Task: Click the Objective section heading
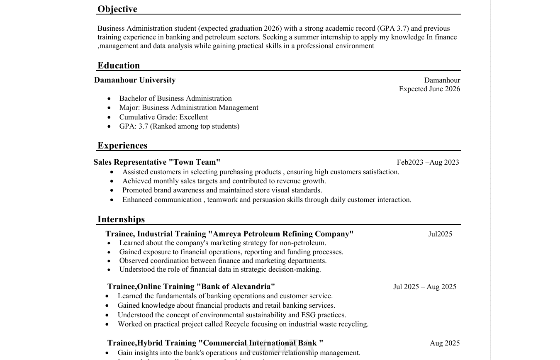pyautogui.click(x=117, y=9)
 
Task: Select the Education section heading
pyautogui.click(x=119, y=66)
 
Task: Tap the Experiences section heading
pyautogui.click(x=122, y=146)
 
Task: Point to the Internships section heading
pyautogui.click(x=121, y=219)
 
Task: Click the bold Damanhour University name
pyautogui.click(x=135, y=80)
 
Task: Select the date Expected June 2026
pyautogui.click(x=429, y=89)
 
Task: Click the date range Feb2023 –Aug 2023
pyautogui.click(x=428, y=162)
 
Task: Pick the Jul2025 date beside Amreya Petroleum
pyautogui.click(x=440, y=234)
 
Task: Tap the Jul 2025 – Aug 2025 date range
pyautogui.click(x=425, y=287)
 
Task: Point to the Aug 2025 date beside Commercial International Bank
pyautogui.click(x=445, y=343)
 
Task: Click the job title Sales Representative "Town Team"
pyautogui.click(x=157, y=162)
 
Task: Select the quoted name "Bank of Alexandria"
pyautogui.click(x=236, y=287)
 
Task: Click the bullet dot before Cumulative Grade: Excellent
pyautogui.click(x=109, y=117)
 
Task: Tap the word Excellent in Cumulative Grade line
pyautogui.click(x=193, y=117)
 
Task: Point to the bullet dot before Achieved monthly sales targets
pyautogui.click(x=112, y=181)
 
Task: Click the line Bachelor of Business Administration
pyautogui.click(x=175, y=98)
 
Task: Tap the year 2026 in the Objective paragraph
pyautogui.click(x=272, y=28)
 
